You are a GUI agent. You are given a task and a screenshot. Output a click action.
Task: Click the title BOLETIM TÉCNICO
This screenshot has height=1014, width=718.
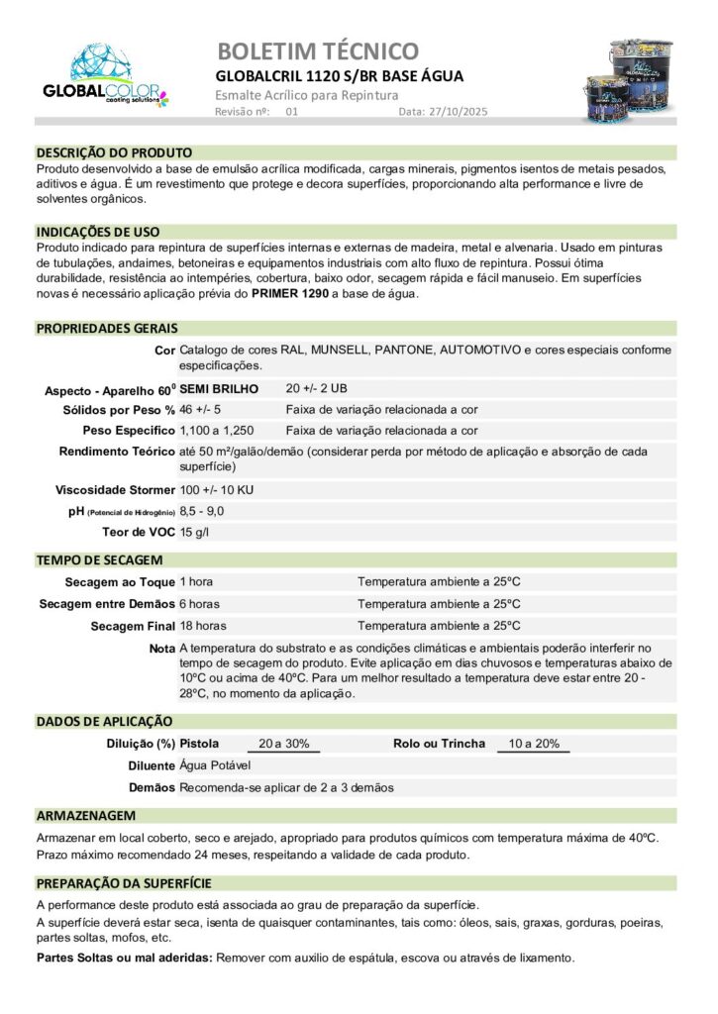point(317,51)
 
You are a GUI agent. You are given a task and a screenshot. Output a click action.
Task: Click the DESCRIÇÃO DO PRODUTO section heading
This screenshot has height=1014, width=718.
point(114,152)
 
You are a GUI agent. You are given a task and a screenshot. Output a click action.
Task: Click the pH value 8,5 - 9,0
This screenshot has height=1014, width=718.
point(202,511)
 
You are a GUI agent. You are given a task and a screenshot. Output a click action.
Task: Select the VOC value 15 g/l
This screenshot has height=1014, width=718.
point(195,532)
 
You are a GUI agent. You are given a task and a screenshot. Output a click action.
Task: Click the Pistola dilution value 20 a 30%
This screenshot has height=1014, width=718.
point(283,744)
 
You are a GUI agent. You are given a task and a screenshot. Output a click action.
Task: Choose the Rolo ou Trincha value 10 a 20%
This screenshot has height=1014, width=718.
point(534,744)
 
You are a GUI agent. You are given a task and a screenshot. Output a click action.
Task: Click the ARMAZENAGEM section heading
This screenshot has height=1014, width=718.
point(86,815)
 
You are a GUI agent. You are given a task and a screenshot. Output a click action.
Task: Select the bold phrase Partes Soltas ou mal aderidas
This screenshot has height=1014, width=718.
point(125,958)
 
